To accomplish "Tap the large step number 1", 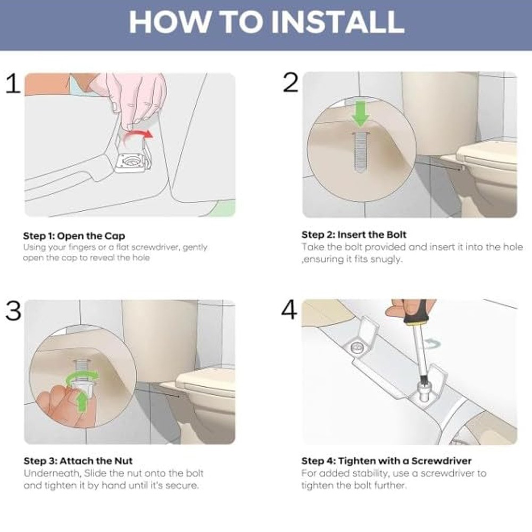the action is pos(13,84).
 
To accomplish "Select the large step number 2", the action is pos(290,82).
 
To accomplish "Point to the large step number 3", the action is pos(13,311).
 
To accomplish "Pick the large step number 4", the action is pos(289,310).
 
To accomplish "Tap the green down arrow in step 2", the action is pos(360,114).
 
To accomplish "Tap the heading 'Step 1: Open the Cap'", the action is pos(74,236).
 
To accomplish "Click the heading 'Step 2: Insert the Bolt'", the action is pos(354,235).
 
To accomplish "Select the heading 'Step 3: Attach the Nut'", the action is pos(78,461).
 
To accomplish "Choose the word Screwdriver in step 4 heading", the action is pos(442,461).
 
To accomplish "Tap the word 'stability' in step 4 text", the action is pos(369,473).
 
